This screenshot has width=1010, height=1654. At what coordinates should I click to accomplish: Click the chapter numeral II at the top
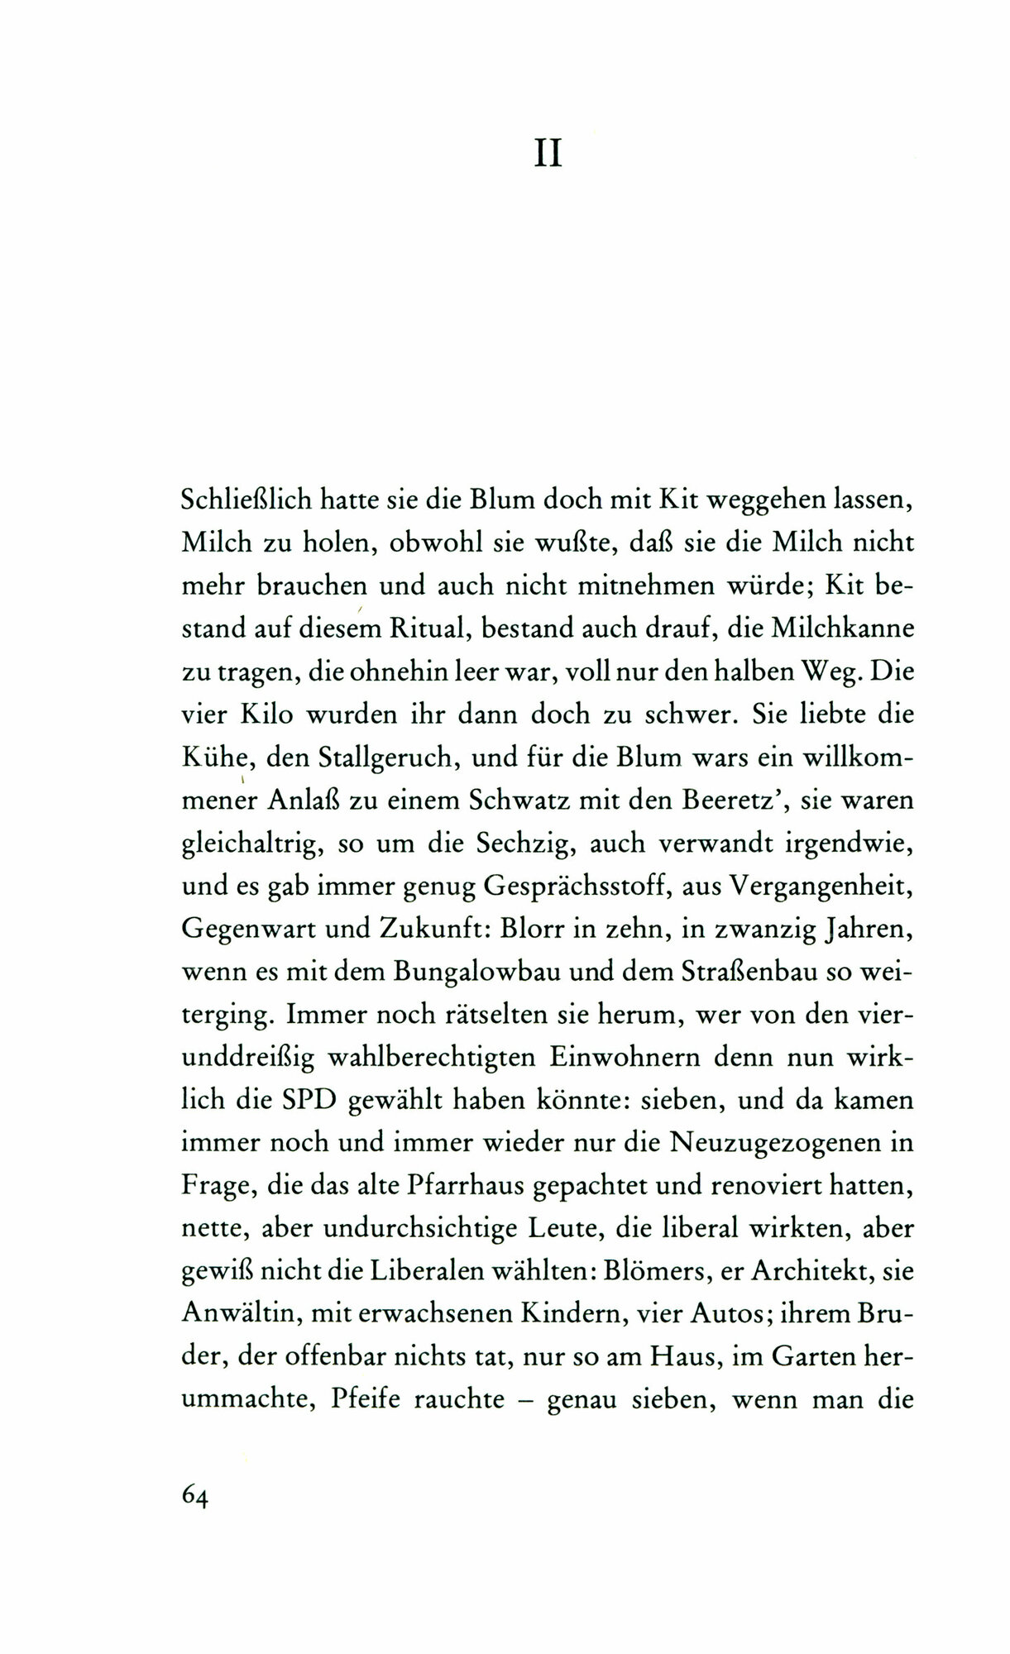(x=548, y=155)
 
